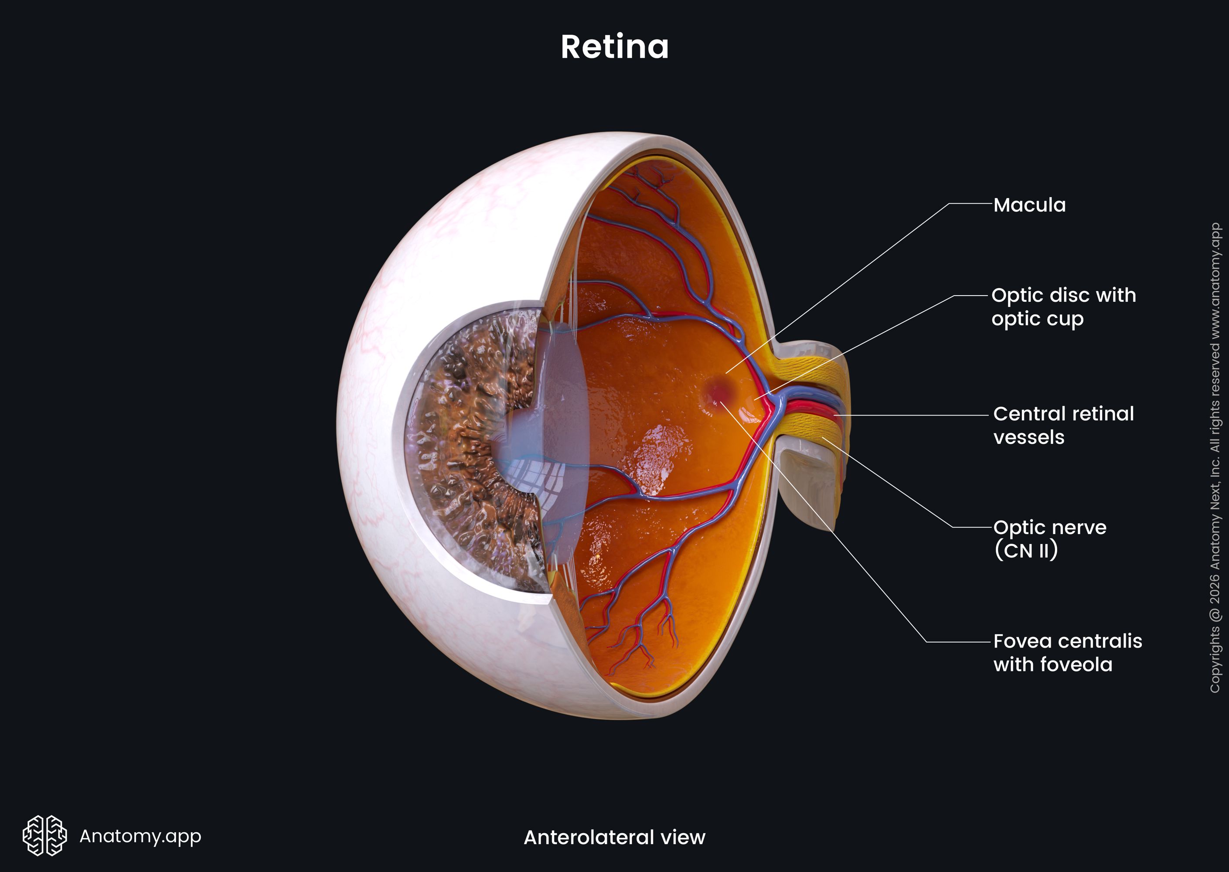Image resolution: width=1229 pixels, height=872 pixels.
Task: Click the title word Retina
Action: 615,47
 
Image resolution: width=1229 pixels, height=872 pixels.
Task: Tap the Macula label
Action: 1029,205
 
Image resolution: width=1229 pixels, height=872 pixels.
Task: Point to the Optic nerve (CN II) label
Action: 1050,539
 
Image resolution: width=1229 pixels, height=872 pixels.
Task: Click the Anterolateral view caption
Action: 614,838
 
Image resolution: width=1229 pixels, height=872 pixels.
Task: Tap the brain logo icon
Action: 44,835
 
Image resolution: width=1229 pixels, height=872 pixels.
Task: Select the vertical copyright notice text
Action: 1215,457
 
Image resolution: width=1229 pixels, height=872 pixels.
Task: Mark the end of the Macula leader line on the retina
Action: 726,373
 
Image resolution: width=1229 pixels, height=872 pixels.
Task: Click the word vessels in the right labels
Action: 1029,437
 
